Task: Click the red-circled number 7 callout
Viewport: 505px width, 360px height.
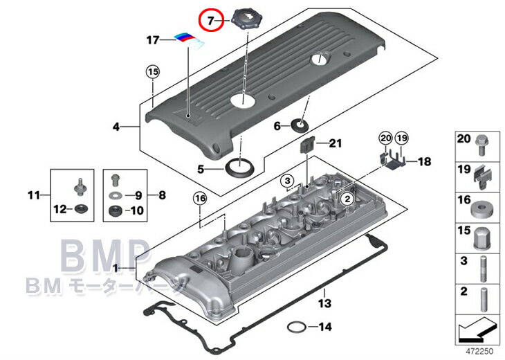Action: [210, 20]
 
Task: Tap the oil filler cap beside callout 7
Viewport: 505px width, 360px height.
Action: [247, 19]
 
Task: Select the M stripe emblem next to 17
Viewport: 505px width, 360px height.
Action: [190, 41]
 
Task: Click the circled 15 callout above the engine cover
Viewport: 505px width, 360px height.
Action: [153, 71]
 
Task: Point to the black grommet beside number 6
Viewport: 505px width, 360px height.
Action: [300, 125]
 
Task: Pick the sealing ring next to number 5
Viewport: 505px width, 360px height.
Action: [240, 168]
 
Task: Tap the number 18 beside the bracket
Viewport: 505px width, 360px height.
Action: [424, 161]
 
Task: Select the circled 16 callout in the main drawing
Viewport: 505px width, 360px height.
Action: [201, 199]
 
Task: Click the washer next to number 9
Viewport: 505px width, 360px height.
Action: [116, 195]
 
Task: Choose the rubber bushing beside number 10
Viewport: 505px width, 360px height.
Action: [116, 210]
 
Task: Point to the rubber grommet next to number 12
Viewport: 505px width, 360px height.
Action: [81, 209]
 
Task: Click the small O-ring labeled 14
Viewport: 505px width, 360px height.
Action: [297, 327]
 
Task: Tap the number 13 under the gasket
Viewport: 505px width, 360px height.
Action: [324, 303]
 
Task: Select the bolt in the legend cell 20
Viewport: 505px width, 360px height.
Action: [482, 145]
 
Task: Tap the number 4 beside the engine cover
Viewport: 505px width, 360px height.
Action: [116, 127]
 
